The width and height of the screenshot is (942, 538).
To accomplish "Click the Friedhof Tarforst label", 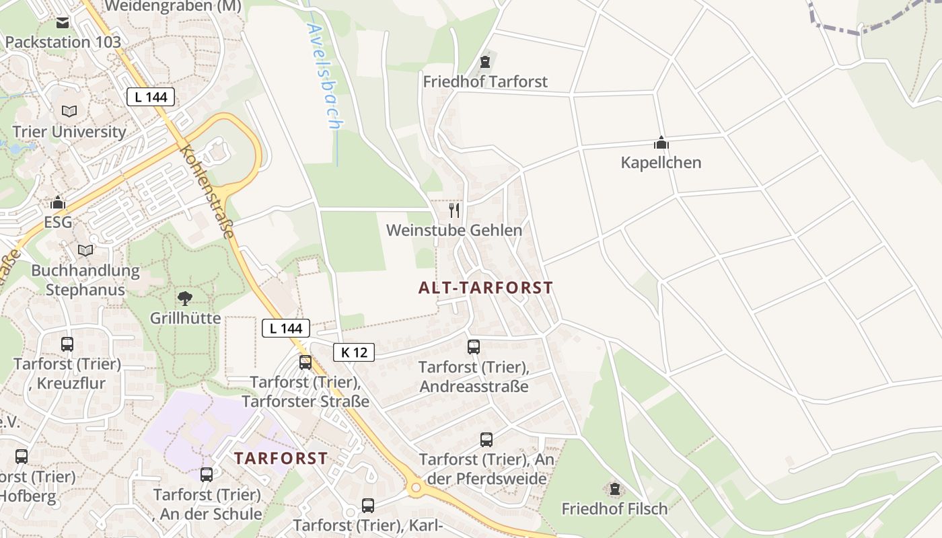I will [485, 81].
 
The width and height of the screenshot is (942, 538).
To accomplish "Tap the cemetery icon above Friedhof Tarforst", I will [484, 63].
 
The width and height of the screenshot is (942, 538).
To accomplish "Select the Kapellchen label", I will [661, 162].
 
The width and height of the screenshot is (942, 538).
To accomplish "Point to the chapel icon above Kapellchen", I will [661, 143].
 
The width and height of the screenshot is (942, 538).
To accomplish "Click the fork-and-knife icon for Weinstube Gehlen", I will [454, 210].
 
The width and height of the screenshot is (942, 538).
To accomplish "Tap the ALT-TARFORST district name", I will [485, 288].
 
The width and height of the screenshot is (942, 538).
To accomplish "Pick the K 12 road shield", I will [353, 352].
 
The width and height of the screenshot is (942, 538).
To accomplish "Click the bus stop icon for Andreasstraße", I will [474, 347].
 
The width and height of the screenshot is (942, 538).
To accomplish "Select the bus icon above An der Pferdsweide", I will [486, 440].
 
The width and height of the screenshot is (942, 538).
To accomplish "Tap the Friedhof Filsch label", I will [614, 508].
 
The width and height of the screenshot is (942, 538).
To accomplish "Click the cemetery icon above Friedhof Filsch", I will [614, 489].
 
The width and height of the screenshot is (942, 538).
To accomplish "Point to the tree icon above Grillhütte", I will [184, 298].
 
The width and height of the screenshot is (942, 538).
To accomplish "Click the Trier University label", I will [69, 131].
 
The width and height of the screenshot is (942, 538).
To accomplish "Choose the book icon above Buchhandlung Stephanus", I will [85, 251].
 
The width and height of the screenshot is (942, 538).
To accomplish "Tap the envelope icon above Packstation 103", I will [63, 23].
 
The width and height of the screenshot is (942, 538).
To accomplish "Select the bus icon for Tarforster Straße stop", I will [305, 362].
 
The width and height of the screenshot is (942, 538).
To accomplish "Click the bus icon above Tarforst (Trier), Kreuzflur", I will [67, 344].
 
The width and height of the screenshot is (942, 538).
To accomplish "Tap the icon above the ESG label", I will [59, 202].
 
